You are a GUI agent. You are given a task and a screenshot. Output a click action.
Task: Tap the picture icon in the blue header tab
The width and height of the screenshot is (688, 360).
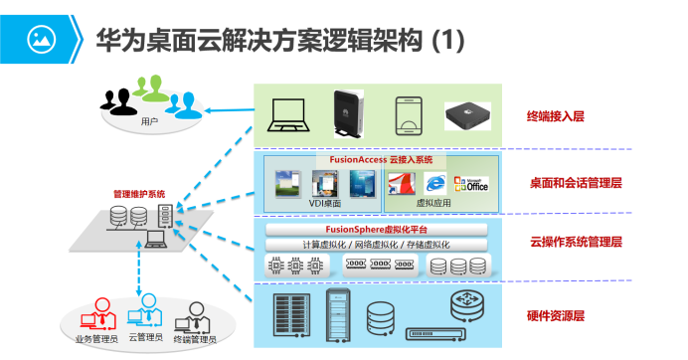[41, 40]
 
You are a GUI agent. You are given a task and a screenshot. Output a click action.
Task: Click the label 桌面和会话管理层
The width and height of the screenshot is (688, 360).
[576, 182]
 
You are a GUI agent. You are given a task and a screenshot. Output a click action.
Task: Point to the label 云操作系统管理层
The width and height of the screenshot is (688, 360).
[576, 242]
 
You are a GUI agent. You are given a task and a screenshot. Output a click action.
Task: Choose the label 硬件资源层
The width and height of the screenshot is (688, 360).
[555, 315]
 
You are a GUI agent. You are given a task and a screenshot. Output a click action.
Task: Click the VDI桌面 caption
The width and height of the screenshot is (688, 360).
[324, 203]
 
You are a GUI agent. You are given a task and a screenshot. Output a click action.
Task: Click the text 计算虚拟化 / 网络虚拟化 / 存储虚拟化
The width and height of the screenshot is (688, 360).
[376, 244]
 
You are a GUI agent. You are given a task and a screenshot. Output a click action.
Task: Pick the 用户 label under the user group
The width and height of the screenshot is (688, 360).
[150, 121]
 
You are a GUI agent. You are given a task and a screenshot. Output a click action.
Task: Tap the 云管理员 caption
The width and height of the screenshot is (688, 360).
[146, 339]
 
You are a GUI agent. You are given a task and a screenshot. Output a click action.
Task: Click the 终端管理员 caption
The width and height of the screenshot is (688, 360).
[195, 339]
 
